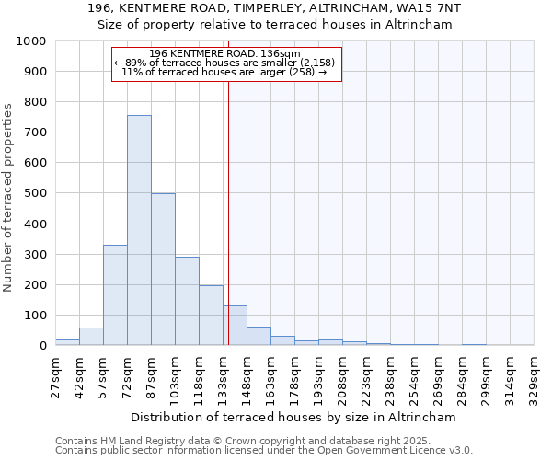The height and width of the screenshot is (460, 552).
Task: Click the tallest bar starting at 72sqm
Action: click(x=139, y=230)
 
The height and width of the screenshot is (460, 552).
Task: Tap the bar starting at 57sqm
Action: click(x=115, y=295)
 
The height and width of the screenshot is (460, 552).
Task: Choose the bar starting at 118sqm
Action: click(x=211, y=316)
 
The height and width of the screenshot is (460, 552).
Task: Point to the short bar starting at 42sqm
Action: click(x=91, y=337)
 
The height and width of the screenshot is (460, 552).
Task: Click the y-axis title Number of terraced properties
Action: click(x=8, y=197)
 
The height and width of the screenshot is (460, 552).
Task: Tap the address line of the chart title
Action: click(x=275, y=8)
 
